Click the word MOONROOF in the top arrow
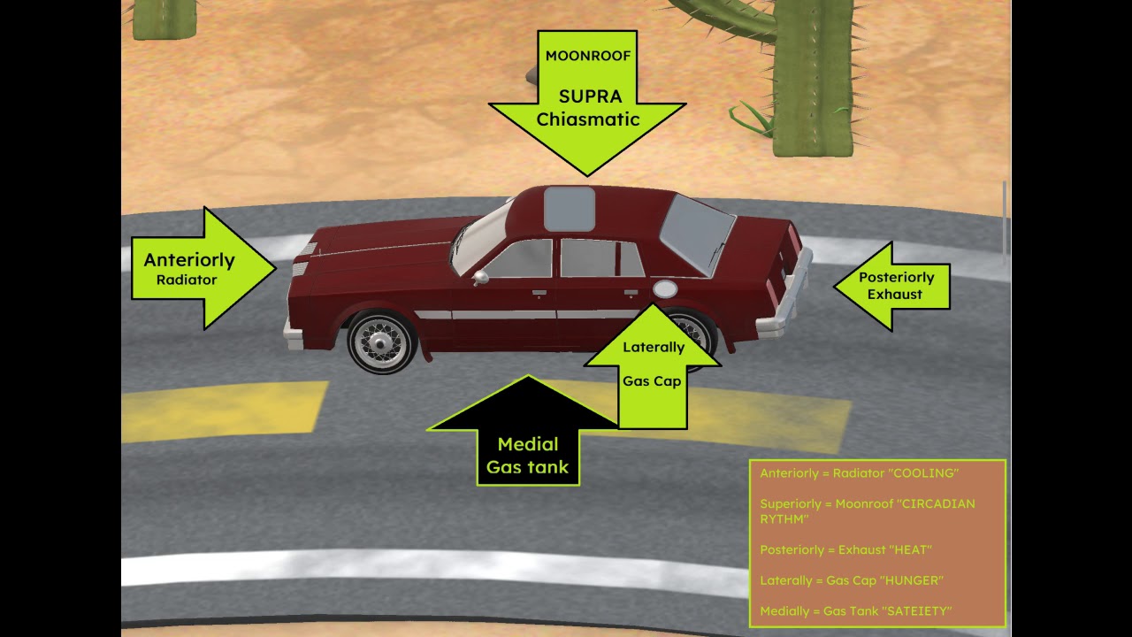(x=588, y=56)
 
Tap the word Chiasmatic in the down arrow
(x=588, y=119)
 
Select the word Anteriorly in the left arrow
(x=189, y=260)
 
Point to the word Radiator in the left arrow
(x=187, y=280)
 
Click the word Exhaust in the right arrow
(x=894, y=294)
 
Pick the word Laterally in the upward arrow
(x=654, y=348)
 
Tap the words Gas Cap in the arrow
(x=652, y=381)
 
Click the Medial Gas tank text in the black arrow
(x=528, y=456)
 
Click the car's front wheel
(x=381, y=342)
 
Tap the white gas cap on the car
(x=665, y=288)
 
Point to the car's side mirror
(x=480, y=277)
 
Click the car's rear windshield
(x=698, y=234)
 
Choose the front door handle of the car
(x=539, y=293)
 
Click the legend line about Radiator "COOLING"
(x=859, y=473)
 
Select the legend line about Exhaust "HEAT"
(x=846, y=549)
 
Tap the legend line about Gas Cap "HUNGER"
(x=852, y=580)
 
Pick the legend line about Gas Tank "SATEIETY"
(x=855, y=611)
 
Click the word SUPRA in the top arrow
(x=590, y=96)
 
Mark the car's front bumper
(x=293, y=334)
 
